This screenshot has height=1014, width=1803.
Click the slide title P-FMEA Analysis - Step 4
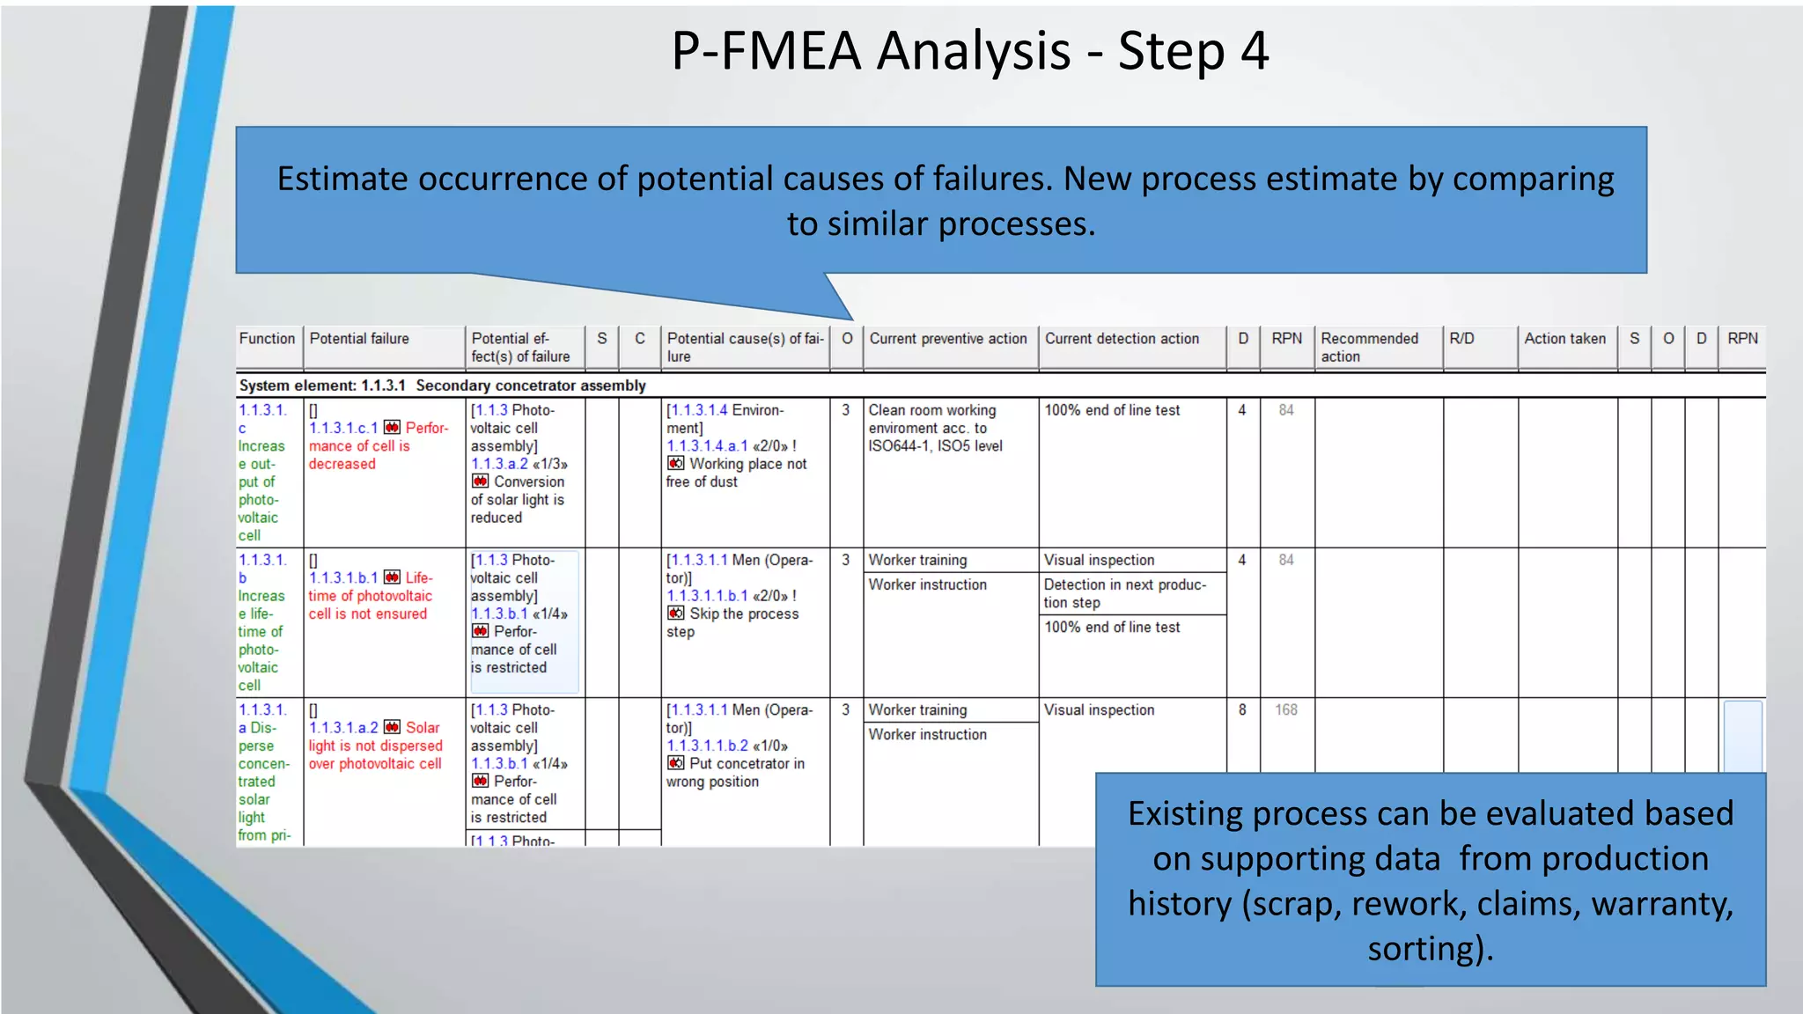click(x=969, y=51)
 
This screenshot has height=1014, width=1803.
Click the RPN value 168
click(x=1285, y=709)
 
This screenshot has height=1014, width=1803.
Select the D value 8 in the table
click(x=1242, y=709)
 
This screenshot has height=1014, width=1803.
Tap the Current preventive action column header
click(x=948, y=339)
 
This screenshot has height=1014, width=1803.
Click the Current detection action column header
click(x=1122, y=339)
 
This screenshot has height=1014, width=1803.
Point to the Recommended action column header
click(x=1369, y=347)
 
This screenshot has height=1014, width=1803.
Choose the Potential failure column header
click(x=359, y=339)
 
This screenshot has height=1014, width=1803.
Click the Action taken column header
click(x=1564, y=339)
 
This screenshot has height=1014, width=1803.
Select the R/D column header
click(x=1461, y=339)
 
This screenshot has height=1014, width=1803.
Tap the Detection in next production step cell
click(x=1124, y=593)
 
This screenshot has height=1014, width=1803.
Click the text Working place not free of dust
click(x=737, y=473)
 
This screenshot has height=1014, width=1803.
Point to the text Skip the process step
click(x=733, y=622)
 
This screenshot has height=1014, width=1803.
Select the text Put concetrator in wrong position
click(x=736, y=773)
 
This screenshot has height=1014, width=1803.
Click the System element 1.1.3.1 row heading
click(x=442, y=386)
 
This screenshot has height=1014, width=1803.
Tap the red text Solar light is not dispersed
click(x=376, y=746)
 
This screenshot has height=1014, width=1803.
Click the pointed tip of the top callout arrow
click(x=851, y=319)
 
